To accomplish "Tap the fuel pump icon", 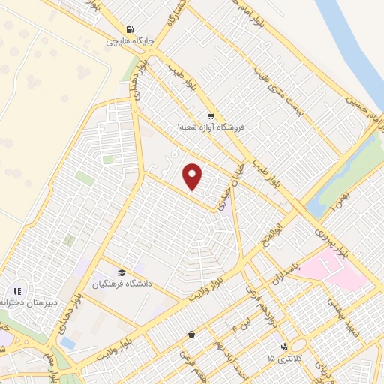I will [x=132, y=30].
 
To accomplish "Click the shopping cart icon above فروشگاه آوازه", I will [x=211, y=116].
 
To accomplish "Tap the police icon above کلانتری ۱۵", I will [x=284, y=346].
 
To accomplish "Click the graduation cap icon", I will [x=121, y=271].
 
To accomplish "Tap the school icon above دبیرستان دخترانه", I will [x=17, y=291].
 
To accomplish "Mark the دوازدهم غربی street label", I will [x=253, y=300].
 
